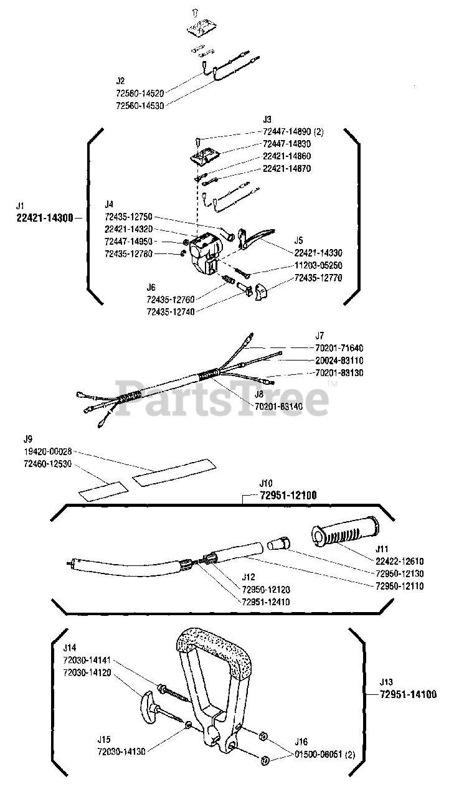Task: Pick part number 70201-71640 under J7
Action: click(339, 348)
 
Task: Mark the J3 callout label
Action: click(267, 118)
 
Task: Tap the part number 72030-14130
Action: click(121, 752)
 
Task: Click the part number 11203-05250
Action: click(318, 265)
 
